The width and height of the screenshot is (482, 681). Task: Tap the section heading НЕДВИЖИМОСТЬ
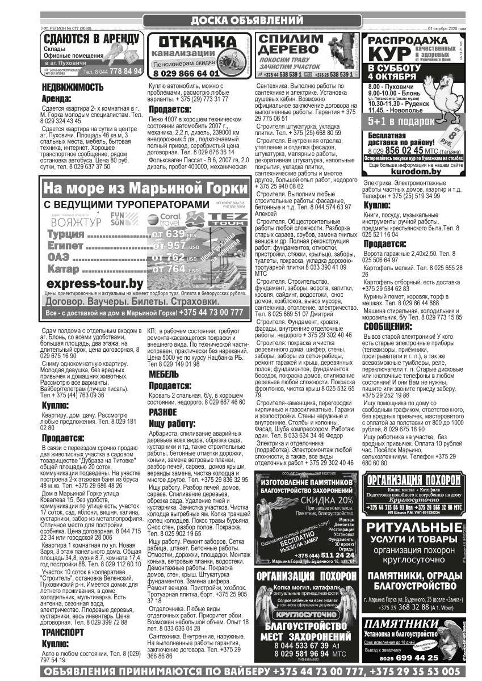tap(73, 87)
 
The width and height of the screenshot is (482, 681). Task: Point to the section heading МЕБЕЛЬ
tap(164, 375)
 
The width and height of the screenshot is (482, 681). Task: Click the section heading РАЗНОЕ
tap(163, 413)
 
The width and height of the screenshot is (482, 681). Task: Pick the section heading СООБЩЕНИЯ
tap(388, 327)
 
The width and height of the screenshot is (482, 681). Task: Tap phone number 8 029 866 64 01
tap(186, 73)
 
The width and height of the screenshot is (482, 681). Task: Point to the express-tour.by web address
tap(95, 283)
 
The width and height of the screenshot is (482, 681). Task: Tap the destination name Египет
tap(64, 246)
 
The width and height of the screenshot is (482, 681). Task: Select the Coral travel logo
tap(163, 219)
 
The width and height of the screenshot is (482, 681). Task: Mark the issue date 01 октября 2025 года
tap(447, 28)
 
